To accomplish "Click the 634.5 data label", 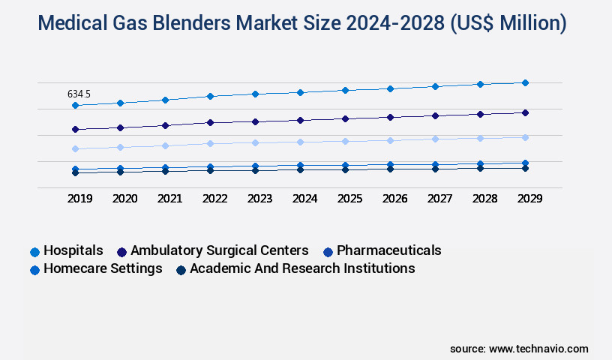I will tap(79, 94).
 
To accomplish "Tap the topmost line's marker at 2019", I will tap(75, 106).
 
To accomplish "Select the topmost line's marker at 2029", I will tap(525, 82).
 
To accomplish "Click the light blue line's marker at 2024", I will tap(300, 142).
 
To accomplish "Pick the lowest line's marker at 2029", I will tap(525, 168).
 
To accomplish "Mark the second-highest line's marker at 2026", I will tap(390, 117).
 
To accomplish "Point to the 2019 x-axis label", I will tap(79, 199).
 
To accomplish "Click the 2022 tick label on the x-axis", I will tap(214, 199).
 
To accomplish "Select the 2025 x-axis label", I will tap(349, 199).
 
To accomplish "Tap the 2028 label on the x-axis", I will tap(484, 199).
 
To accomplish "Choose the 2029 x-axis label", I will tap(529, 199).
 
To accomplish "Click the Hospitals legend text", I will tap(73, 250).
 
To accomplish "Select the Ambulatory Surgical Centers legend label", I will tap(219, 250).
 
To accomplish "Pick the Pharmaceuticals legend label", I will tap(388, 250).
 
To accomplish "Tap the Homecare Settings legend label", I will tap(103, 268).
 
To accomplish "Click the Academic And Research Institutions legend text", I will tap(302, 268).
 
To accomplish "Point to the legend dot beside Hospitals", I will tap(34, 251).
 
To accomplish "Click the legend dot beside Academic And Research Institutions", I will tap(180, 269).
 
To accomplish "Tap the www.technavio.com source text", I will tap(538, 349).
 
